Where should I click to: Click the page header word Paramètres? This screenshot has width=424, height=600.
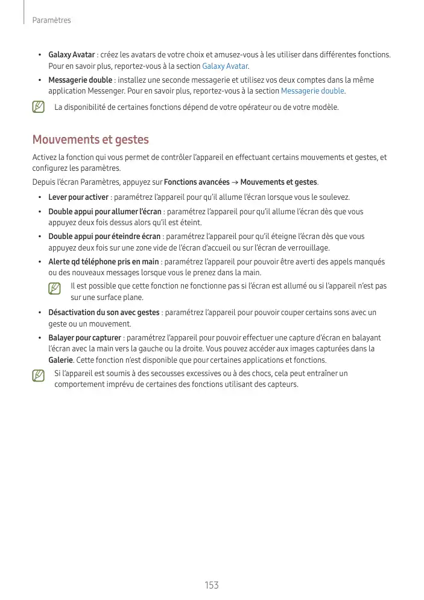click(51, 21)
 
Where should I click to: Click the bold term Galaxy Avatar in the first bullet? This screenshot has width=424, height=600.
click(72, 55)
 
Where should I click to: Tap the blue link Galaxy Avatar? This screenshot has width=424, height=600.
click(225, 66)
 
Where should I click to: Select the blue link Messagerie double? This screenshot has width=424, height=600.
click(312, 91)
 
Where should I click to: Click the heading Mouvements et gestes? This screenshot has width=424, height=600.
click(90, 140)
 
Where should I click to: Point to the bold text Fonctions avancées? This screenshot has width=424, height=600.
click(197, 182)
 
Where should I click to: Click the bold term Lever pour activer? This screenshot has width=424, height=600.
click(78, 197)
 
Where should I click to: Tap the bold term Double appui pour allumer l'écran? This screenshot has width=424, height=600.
click(104, 212)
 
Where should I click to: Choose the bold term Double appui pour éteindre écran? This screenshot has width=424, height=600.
click(104, 237)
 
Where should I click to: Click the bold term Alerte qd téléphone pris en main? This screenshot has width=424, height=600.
click(104, 262)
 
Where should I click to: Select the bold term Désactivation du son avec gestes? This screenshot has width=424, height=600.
click(104, 313)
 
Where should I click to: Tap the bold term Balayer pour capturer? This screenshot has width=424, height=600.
click(85, 338)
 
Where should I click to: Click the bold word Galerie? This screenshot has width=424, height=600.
click(61, 360)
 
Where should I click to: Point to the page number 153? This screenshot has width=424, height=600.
click(211, 585)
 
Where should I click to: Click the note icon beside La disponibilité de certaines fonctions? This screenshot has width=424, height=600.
click(39, 107)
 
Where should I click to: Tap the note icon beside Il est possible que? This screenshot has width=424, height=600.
click(55, 289)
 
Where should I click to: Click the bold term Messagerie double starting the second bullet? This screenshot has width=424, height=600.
click(80, 80)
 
